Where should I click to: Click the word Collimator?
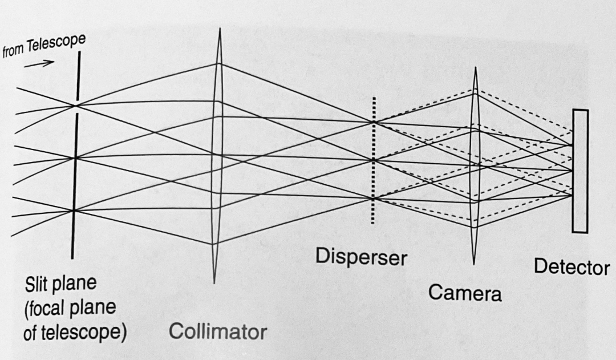pyautogui.click(x=218, y=331)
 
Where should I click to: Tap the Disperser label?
pyautogui.click(x=361, y=257)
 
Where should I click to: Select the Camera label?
pyautogui.click(x=465, y=293)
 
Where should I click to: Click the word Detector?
pyautogui.click(x=572, y=268)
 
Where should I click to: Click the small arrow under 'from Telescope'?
pyautogui.click(x=39, y=64)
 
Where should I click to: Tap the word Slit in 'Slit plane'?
pyautogui.click(x=37, y=284)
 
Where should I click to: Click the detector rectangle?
pyautogui.click(x=580, y=171)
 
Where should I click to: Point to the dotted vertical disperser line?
pyautogui.click(x=373, y=161)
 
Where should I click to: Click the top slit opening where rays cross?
pyautogui.click(x=76, y=106)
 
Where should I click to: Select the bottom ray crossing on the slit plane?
pyautogui.click(x=74, y=211)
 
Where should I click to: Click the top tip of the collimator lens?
pyautogui.click(x=220, y=28)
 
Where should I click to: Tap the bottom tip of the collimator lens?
pyautogui.click(x=214, y=282)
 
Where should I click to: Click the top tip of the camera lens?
pyautogui.click(x=476, y=67)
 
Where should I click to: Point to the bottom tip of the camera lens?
pyautogui.click(x=473, y=264)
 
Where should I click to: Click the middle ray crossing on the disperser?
pyautogui.click(x=374, y=161)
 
